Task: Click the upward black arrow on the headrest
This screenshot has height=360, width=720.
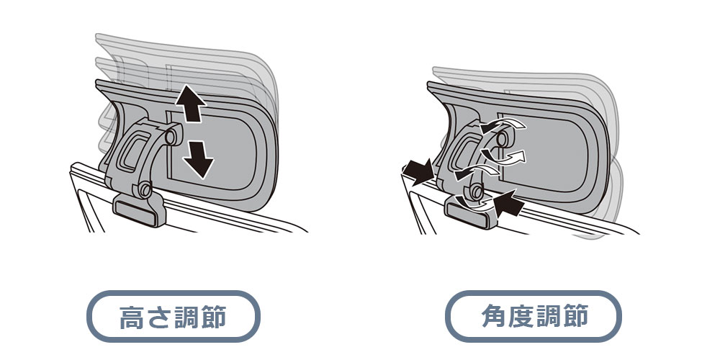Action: (190, 103)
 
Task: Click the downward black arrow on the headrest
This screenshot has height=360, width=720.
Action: (199, 159)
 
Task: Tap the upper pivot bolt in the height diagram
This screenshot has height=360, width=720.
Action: (170, 136)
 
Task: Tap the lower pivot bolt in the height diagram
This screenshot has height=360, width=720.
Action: (145, 189)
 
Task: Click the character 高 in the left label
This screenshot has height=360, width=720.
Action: (132, 317)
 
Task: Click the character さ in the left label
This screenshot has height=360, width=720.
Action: (159, 317)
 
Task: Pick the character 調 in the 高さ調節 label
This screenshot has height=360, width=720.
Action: (186, 317)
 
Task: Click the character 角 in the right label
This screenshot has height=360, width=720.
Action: (495, 316)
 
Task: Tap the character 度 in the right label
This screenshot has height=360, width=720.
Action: (521, 316)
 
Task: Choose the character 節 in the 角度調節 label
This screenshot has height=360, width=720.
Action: (575, 316)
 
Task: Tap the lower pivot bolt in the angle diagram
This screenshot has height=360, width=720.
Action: (475, 190)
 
